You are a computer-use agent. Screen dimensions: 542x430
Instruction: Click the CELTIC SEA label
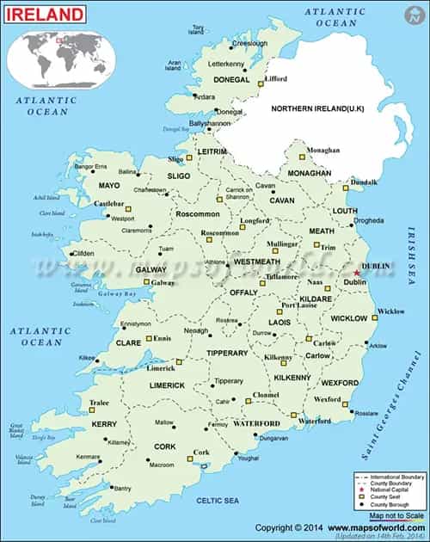click(218, 501)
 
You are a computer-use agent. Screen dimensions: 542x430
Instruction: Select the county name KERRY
click(104, 424)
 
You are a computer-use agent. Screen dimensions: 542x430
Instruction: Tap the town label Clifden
click(83, 254)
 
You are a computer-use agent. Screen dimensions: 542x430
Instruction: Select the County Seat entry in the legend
click(384, 497)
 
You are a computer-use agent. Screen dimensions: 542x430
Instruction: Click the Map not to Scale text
click(396, 514)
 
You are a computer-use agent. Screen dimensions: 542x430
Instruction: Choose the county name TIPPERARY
click(227, 353)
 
